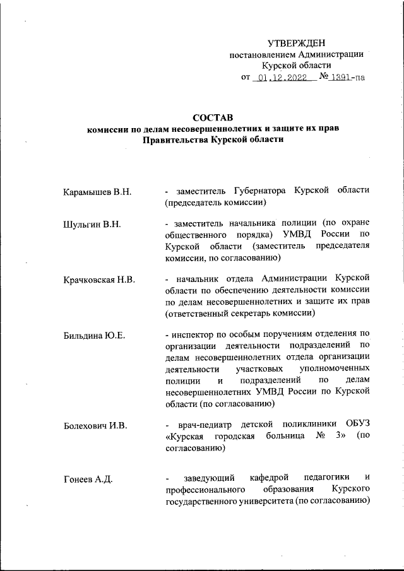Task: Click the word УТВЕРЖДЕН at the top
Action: (x=297, y=43)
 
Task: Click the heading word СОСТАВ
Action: (x=213, y=117)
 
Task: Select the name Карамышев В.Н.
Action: (x=97, y=191)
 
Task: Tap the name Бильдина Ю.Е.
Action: (x=95, y=334)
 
